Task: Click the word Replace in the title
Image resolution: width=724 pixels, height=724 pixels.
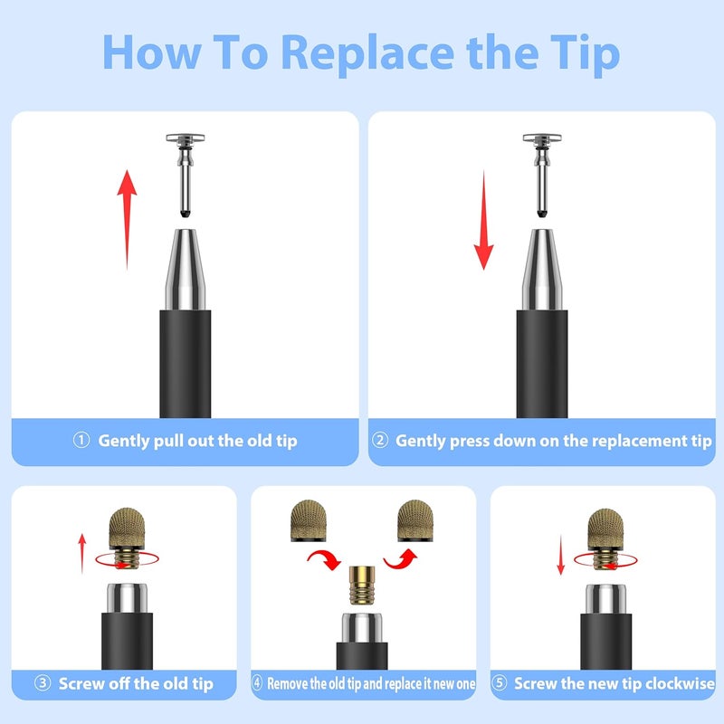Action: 367,54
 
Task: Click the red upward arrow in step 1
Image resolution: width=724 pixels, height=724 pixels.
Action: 127,219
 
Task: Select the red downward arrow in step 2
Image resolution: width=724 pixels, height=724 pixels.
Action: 483,220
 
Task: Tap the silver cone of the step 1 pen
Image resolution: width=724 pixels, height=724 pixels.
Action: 186,270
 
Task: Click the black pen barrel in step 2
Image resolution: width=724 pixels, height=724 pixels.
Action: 541,365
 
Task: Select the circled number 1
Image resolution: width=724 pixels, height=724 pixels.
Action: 81,440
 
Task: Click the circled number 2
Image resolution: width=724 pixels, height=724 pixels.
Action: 380,440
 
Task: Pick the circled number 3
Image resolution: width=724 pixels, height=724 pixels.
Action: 43,682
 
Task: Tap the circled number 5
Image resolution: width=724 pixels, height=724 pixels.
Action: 500,682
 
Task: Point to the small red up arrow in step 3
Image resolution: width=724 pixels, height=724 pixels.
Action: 82,554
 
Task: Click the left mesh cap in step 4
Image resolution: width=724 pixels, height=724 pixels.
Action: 309,520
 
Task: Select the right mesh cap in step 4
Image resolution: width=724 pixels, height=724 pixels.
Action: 415,520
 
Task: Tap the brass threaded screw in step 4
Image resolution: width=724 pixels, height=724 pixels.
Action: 362,585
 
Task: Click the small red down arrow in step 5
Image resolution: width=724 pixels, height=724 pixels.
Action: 560,555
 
